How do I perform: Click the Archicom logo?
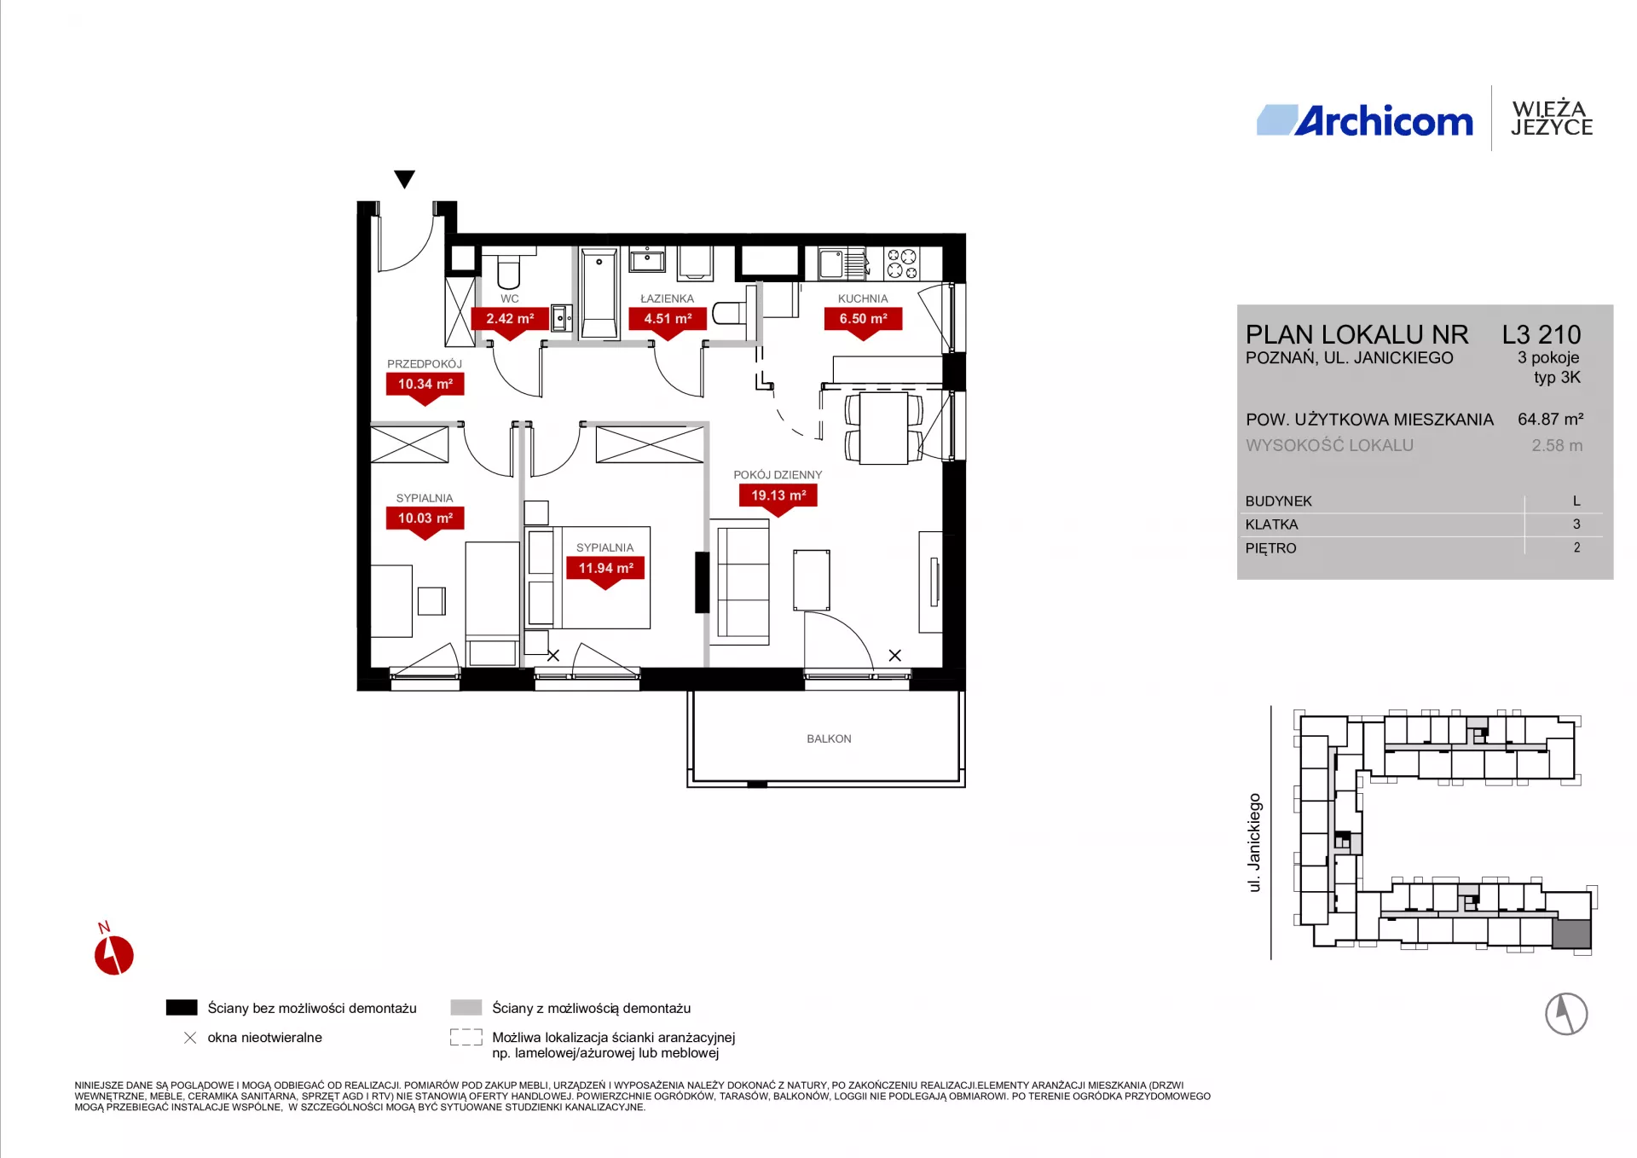[x=1364, y=120]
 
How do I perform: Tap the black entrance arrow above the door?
[x=404, y=179]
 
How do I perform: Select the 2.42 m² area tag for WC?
[x=510, y=322]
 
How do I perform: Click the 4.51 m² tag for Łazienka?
[x=668, y=322]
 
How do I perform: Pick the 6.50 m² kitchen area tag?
[x=863, y=322]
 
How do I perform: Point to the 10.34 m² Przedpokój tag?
[x=425, y=388]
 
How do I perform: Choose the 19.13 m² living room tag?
[x=778, y=500]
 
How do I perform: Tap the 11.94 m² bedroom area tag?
[x=605, y=572]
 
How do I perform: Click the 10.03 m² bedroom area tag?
[x=425, y=522]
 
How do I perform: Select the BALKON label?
[x=829, y=738]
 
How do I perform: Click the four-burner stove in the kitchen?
[x=902, y=263]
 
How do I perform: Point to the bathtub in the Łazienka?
[x=599, y=292]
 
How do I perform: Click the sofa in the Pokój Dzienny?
[x=743, y=582]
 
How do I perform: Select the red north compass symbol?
[x=113, y=953]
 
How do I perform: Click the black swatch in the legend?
[x=182, y=1007]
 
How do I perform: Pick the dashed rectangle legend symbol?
[x=466, y=1037]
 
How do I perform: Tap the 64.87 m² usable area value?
[x=1550, y=419]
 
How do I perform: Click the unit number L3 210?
[x=1542, y=334]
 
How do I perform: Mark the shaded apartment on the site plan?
[x=1571, y=934]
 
